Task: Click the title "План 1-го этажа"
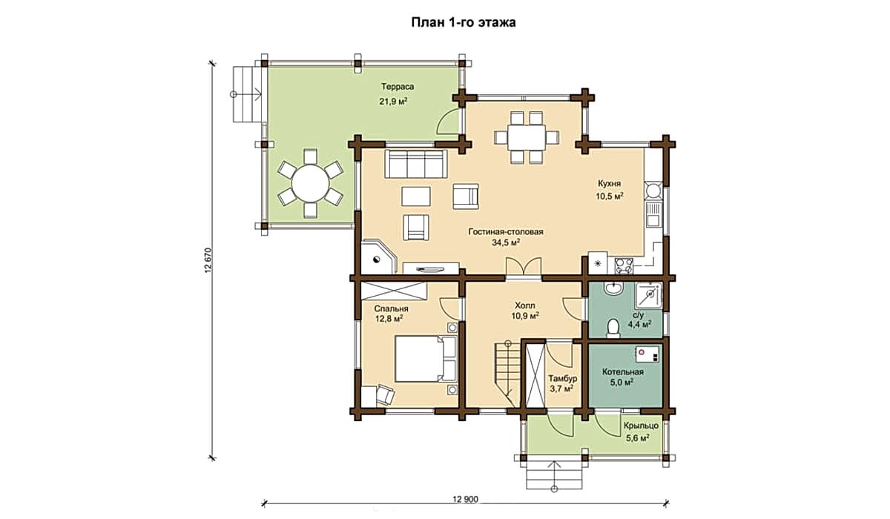pyautogui.click(x=464, y=23)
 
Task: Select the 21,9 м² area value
pyautogui.click(x=393, y=102)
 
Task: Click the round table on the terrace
pyautogui.click(x=310, y=183)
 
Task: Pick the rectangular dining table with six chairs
pyautogui.click(x=527, y=137)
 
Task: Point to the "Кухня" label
pyautogui.click(x=610, y=183)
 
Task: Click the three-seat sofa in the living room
pyautogui.click(x=415, y=164)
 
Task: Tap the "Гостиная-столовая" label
pyautogui.click(x=505, y=232)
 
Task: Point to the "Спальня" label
pyautogui.click(x=391, y=308)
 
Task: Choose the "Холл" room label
pyautogui.click(x=525, y=305)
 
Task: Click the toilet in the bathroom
pyautogui.click(x=613, y=328)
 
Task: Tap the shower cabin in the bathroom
pyautogui.click(x=648, y=295)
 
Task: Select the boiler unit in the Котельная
pyautogui.click(x=647, y=354)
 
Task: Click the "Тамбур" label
pyautogui.click(x=563, y=378)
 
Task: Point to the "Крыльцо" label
pyautogui.click(x=641, y=426)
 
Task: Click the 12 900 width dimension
pyautogui.click(x=465, y=500)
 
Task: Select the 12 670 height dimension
pyautogui.click(x=209, y=261)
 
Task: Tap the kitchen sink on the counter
pyautogui.click(x=653, y=214)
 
